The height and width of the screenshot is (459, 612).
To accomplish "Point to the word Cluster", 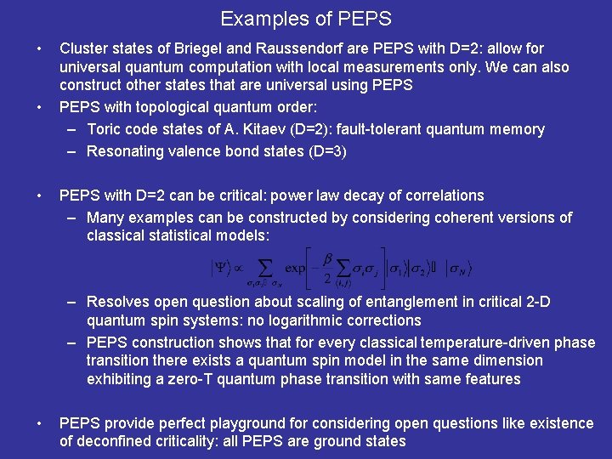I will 85,48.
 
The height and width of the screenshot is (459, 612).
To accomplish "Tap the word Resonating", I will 126,151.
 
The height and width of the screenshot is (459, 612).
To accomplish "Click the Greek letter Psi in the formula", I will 221,267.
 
